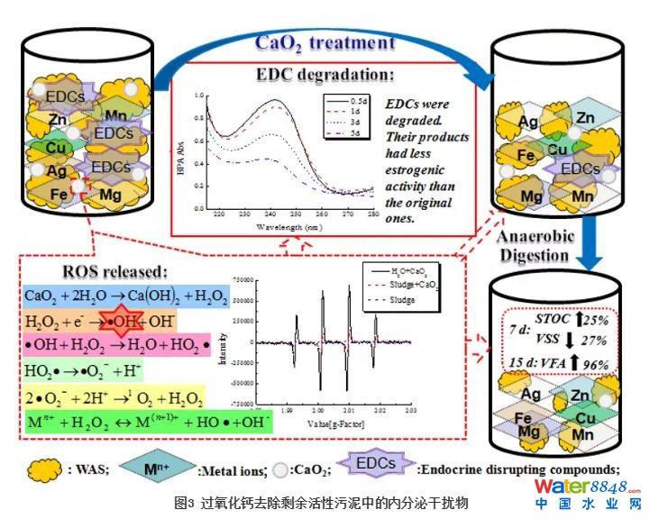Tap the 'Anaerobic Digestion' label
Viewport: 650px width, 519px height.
tap(534, 246)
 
